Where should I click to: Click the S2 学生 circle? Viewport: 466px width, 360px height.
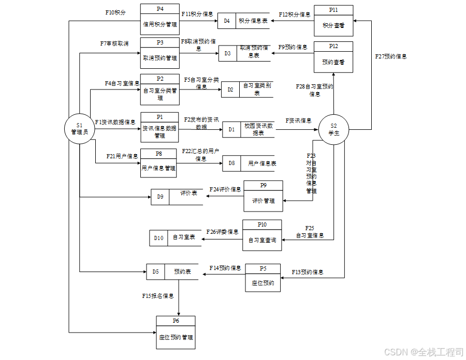[333, 129]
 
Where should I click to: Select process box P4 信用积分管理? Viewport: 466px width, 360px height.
[159, 19]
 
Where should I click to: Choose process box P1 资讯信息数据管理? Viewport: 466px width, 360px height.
[159, 127]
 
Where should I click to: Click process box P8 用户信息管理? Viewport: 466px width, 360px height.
[158, 163]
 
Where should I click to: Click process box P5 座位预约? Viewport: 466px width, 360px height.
[263, 278]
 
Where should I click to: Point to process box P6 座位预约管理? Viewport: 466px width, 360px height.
[176, 332]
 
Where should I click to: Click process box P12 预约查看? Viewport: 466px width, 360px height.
[333, 57]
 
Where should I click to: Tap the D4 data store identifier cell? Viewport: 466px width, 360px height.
[227, 21]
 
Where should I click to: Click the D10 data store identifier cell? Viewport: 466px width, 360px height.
[158, 238]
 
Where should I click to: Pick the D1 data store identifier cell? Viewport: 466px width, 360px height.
[231, 129]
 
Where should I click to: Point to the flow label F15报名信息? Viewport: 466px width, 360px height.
[158, 296]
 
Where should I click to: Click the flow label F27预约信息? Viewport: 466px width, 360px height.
[391, 57]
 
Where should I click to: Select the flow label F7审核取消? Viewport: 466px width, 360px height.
[114, 43]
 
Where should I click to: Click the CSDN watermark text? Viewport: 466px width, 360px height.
[423, 352]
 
